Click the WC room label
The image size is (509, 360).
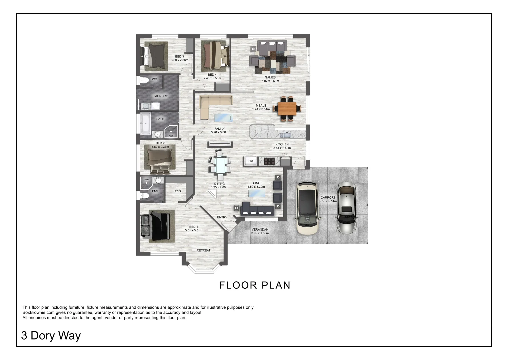(154, 79)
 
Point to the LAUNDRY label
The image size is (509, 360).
(160, 96)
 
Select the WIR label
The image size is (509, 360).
(178, 191)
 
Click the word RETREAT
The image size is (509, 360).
(203, 250)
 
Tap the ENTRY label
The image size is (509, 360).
(222, 217)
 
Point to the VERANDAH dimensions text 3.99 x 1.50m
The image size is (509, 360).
(260, 233)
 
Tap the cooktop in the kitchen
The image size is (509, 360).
(269, 161)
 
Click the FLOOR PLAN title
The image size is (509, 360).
(255, 285)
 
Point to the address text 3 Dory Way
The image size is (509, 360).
(51, 336)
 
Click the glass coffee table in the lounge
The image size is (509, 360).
(257, 193)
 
